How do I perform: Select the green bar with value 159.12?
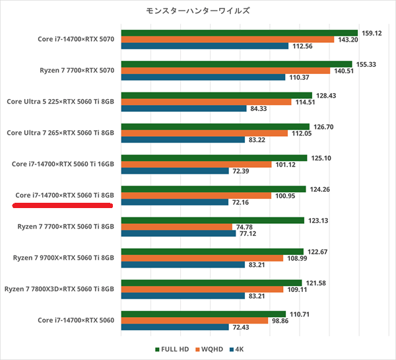point(239,32)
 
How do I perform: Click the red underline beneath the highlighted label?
point(63,205)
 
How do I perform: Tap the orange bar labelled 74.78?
point(176,227)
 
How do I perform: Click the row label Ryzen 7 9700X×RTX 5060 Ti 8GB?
point(63,258)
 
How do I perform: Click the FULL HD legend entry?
point(173,349)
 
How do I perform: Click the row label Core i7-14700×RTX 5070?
point(77,39)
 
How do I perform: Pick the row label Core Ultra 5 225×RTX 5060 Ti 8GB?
point(61,102)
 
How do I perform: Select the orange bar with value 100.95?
point(196,196)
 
